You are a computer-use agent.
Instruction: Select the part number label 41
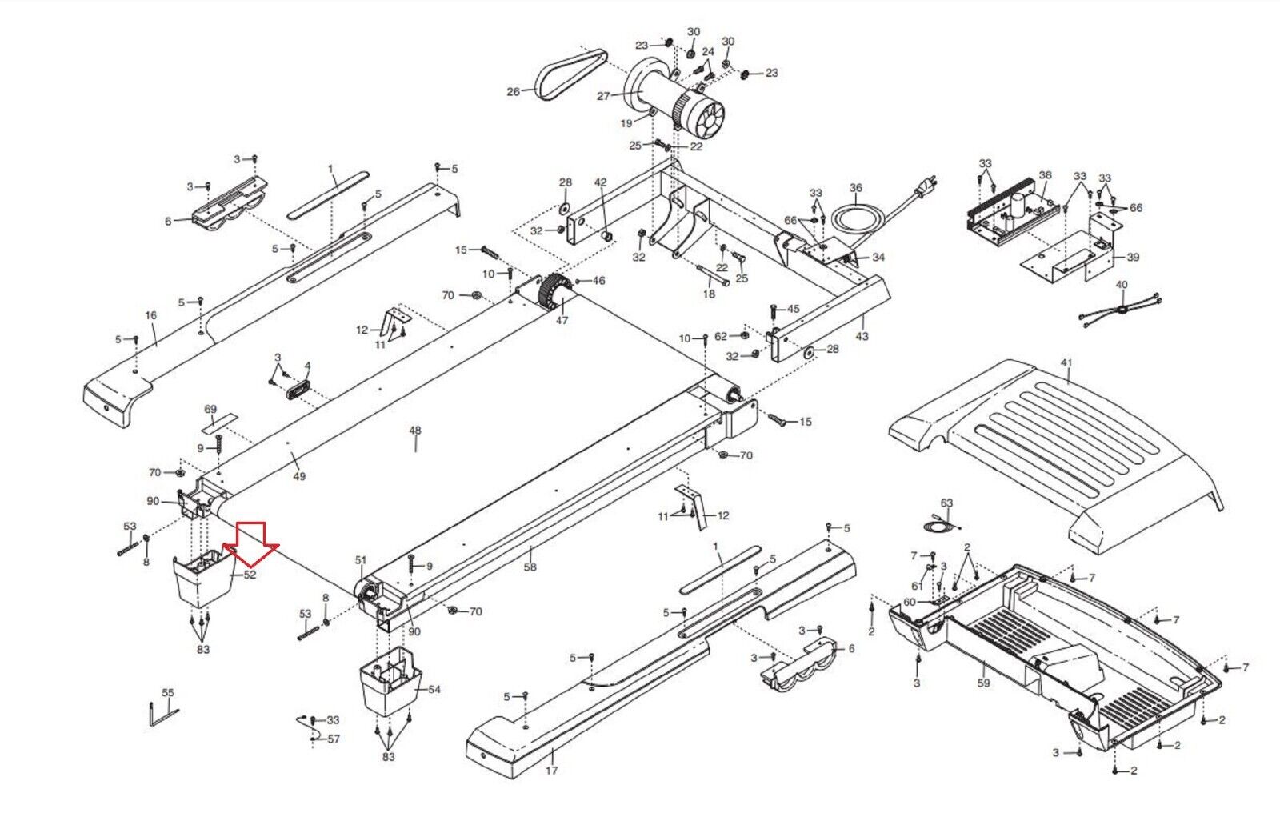[x=1066, y=363]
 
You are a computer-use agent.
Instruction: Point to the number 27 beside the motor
[x=603, y=97]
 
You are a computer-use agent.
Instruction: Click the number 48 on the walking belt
[x=414, y=431]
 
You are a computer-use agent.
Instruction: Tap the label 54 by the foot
[x=434, y=689]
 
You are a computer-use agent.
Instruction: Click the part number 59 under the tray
[x=983, y=683]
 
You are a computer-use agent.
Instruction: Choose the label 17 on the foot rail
[x=551, y=771]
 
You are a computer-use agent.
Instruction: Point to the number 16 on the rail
[x=151, y=316]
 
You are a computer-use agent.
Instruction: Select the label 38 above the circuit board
[x=1045, y=174]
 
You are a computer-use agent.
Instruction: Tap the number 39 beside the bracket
[x=1133, y=258]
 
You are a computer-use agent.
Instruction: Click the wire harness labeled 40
[x=1121, y=308]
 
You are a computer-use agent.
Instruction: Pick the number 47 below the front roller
[x=562, y=320]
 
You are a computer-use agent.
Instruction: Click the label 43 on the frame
[x=862, y=337]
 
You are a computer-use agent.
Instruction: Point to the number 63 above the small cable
[x=947, y=503]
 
